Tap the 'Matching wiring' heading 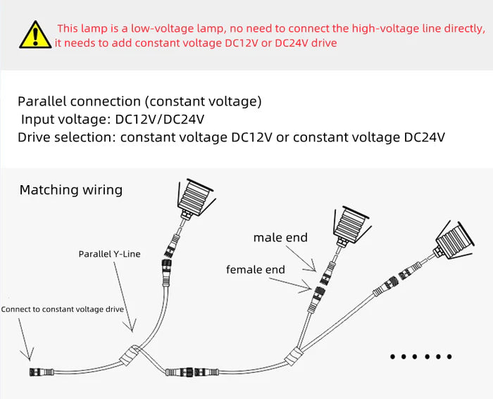[x=70, y=190]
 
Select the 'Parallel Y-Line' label [x=109, y=254]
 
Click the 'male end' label [x=280, y=238]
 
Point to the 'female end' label [x=256, y=270]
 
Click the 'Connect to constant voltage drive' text [x=63, y=309]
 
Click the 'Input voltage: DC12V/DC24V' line [x=113, y=119]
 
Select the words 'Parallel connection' [x=70, y=101]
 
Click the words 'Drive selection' [x=64, y=137]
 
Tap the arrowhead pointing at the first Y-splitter [x=130, y=328]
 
